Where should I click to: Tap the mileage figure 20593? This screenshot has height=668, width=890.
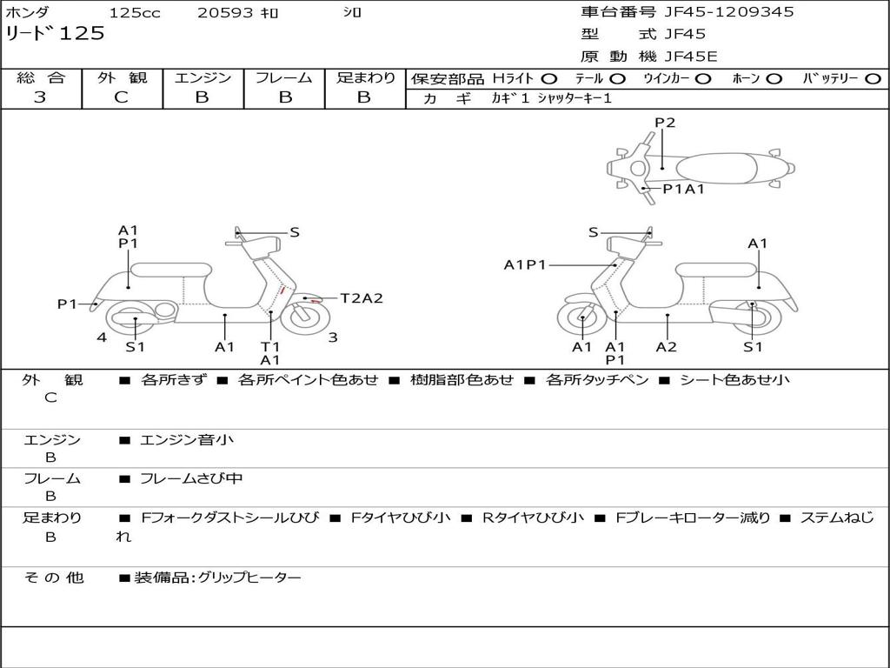click(x=225, y=13)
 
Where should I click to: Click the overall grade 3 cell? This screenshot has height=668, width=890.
click(x=40, y=97)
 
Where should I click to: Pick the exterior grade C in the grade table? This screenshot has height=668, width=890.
click(x=121, y=97)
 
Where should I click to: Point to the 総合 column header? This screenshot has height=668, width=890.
click(x=40, y=77)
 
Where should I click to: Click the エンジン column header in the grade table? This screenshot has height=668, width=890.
click(x=203, y=77)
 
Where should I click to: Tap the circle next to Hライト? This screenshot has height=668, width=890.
click(x=549, y=78)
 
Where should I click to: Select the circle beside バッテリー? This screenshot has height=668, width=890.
click(x=873, y=78)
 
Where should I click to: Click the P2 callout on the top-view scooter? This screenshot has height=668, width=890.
click(x=665, y=123)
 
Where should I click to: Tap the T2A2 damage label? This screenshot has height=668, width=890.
click(x=361, y=298)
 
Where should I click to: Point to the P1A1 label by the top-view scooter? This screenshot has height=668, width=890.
click(x=683, y=189)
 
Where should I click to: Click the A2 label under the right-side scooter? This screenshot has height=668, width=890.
click(x=667, y=347)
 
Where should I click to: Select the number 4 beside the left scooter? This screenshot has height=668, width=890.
click(x=102, y=337)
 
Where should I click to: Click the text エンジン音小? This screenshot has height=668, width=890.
click(x=187, y=440)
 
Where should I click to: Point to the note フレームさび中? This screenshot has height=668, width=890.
click(x=191, y=478)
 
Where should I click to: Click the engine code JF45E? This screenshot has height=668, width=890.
click(x=691, y=57)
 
